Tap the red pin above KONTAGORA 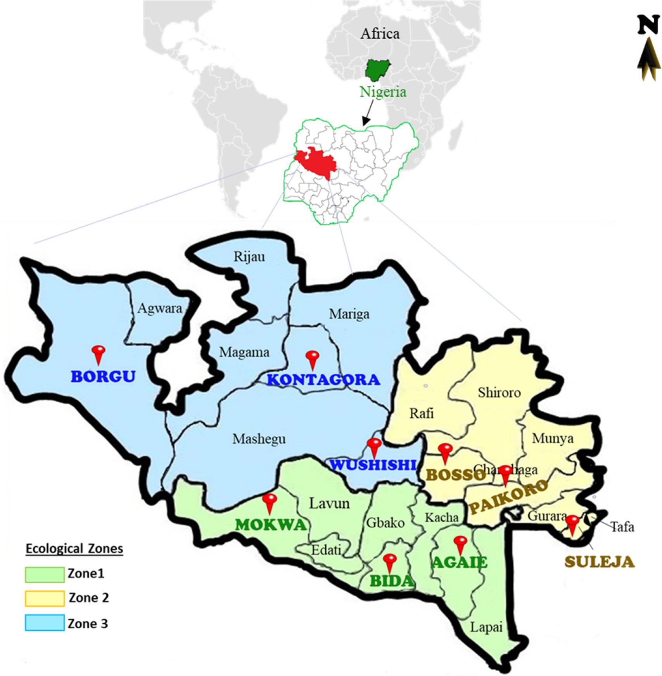[x=312, y=359]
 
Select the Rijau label [x=249, y=257]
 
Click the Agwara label [x=160, y=309]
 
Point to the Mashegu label [x=259, y=439]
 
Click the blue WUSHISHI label [x=373, y=464]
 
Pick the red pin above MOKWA [x=269, y=503]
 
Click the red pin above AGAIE [x=460, y=544]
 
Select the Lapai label [x=486, y=627]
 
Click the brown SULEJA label [x=599, y=562]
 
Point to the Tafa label [x=622, y=527]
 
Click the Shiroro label [x=499, y=392]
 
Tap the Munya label [x=553, y=439]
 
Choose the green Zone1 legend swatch [x=45, y=574]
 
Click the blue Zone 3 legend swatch [x=45, y=623]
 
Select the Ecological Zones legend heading [x=74, y=549]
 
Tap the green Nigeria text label [x=383, y=92]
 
